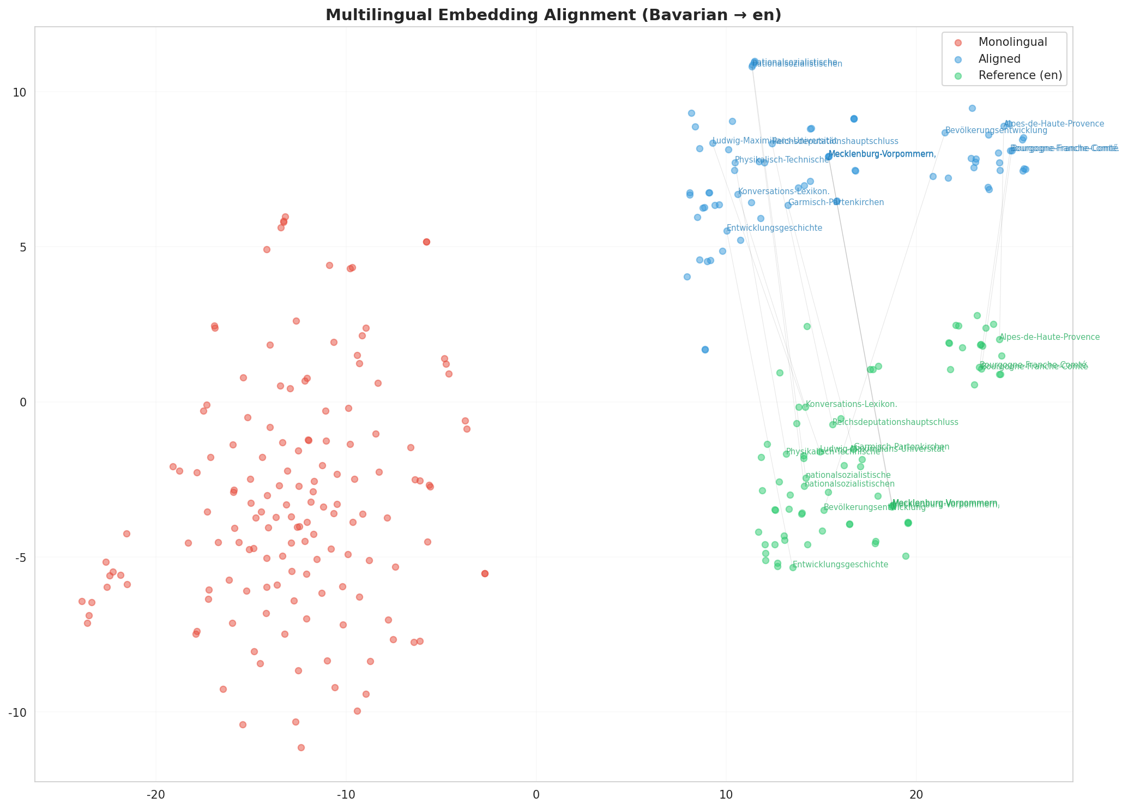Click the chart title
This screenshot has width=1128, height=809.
pos(553,15)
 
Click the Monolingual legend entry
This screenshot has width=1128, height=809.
pos(1012,42)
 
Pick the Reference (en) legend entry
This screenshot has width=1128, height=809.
pos(1020,76)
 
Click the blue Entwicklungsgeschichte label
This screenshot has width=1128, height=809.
pos(774,228)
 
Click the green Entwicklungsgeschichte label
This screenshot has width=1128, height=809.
pos(840,565)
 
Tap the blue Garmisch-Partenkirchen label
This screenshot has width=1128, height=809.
pos(836,202)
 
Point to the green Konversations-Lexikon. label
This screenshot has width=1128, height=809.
pos(851,404)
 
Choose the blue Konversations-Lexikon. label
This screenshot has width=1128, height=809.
pos(783,191)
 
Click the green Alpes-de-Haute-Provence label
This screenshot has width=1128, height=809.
pos(1049,337)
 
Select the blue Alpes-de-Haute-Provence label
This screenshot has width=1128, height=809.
pos(1054,124)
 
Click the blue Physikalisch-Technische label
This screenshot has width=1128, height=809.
pos(782,160)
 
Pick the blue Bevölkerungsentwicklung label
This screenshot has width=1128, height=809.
pos(996,130)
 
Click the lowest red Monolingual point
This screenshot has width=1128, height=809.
pos(301,747)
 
